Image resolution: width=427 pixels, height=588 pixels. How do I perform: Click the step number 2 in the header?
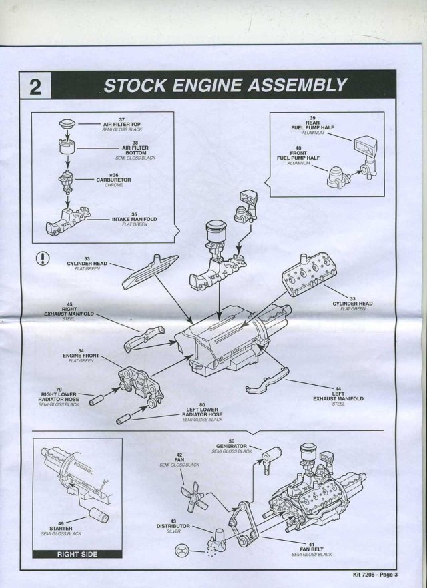(37, 86)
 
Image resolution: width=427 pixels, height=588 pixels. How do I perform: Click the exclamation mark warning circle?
(42, 258)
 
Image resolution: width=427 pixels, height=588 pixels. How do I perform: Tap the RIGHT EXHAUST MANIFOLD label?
(69, 311)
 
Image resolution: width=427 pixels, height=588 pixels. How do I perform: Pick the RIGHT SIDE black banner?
(77, 554)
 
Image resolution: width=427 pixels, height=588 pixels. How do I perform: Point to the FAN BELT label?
(312, 549)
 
